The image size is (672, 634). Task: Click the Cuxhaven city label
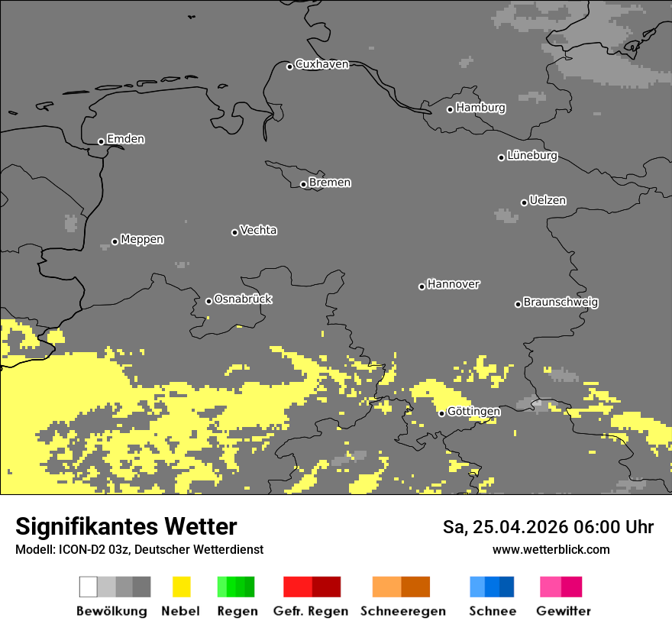pyautogui.click(x=321, y=64)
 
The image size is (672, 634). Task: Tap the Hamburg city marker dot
pyautogui.click(x=450, y=109)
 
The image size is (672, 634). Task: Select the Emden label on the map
pyautogui.click(x=125, y=139)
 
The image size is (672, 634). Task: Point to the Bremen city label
pyautogui.click(x=330, y=183)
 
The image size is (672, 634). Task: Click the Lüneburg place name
pyautogui.click(x=531, y=155)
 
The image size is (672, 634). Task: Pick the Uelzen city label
pyautogui.click(x=548, y=200)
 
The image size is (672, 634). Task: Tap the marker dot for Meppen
pyautogui.click(x=115, y=241)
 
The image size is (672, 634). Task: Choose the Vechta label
pyautogui.click(x=258, y=230)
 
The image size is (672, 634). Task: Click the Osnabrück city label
pyautogui.click(x=243, y=299)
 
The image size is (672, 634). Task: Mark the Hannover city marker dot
pyautogui.click(x=422, y=286)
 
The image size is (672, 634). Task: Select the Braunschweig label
pyautogui.click(x=561, y=302)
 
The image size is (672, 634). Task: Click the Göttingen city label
pyautogui.click(x=473, y=411)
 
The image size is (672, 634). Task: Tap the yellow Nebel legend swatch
pyautogui.click(x=181, y=587)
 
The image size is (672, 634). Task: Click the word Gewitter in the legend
pyautogui.click(x=563, y=611)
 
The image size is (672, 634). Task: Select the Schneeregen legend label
pyautogui.click(x=402, y=611)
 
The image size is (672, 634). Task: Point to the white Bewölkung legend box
pyautogui.click(x=89, y=587)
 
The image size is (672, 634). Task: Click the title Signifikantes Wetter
pyautogui.click(x=126, y=526)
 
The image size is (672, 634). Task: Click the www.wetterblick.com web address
pyautogui.click(x=551, y=549)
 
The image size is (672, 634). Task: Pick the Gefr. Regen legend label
pyautogui.click(x=311, y=611)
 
